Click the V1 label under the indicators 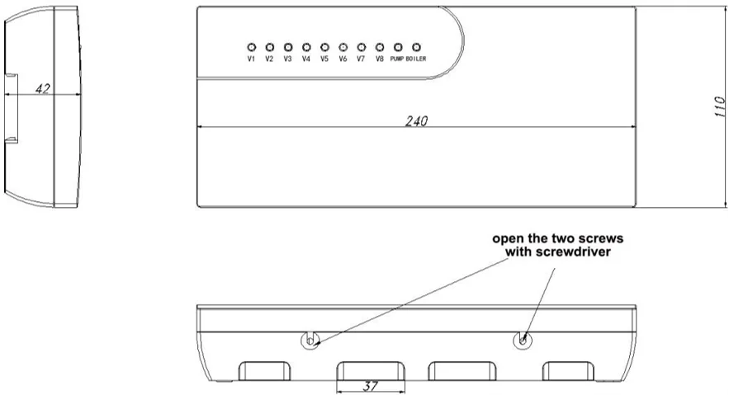coord(251,59)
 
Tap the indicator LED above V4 coord(306,48)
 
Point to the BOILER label coord(416,59)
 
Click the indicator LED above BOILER coord(416,48)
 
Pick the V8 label coord(380,59)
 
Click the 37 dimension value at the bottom coord(371,385)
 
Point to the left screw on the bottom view coord(309,340)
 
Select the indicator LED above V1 coord(251,48)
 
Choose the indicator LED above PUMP coord(398,48)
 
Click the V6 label coord(343,59)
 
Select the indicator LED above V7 coord(362,48)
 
